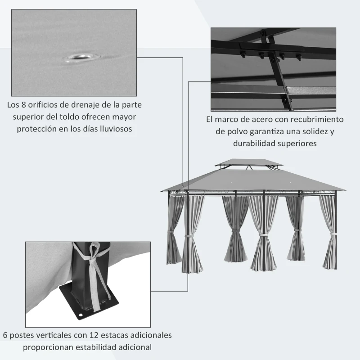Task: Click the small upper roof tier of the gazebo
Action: pyautogui.click(x=249, y=162)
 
